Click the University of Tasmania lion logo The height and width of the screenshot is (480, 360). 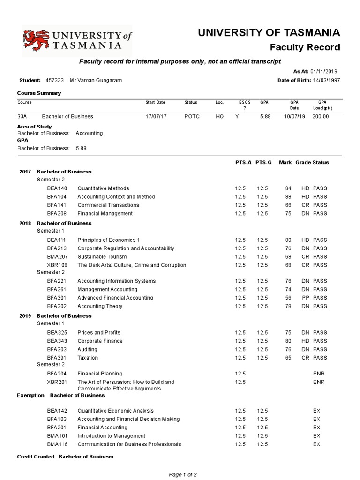click(x=36, y=41)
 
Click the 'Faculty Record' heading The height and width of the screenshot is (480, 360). click(x=305, y=47)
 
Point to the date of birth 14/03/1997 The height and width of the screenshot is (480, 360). click(x=327, y=80)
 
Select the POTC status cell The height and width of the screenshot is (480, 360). click(x=192, y=116)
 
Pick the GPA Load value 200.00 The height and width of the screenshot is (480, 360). click(x=321, y=116)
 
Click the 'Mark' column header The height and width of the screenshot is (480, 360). click(x=285, y=162)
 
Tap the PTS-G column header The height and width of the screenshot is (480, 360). click(x=264, y=162)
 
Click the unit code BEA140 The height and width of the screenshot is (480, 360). click(x=57, y=188)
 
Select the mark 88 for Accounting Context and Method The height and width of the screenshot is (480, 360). click(x=288, y=197)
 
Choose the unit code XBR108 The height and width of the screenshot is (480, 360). click(x=57, y=265)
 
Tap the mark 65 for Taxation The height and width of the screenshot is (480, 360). click(x=288, y=358)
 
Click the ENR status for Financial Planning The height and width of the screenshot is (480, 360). click(x=319, y=374)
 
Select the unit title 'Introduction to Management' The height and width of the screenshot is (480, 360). click(x=112, y=436)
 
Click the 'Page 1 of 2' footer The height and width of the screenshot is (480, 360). click(x=183, y=474)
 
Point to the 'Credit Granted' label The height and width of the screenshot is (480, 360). click(x=36, y=457)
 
